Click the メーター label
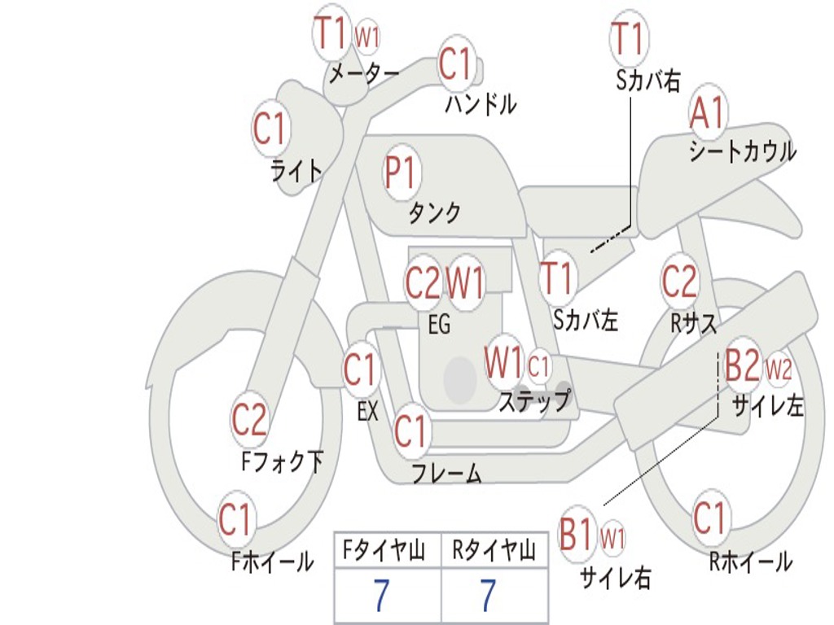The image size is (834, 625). click(x=364, y=74)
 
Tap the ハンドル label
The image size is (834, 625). click(x=481, y=104)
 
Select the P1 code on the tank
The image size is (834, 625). click(x=400, y=172)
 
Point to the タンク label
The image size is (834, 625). click(x=434, y=213)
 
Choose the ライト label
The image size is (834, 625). click(x=296, y=170)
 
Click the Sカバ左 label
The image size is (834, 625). click(x=586, y=320)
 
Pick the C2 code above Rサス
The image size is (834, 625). click(x=679, y=281)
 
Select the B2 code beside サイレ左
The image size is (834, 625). click(x=742, y=366)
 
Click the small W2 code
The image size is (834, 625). click(x=779, y=369)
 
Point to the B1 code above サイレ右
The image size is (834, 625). click(x=577, y=535)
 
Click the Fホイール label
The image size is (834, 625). click(x=272, y=562)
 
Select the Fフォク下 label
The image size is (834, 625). click(x=282, y=462)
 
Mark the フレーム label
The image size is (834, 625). click(x=446, y=473)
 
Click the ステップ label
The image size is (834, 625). click(x=534, y=400)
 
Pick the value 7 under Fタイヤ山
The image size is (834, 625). click(x=381, y=597)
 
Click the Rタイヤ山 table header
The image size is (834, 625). click(x=494, y=552)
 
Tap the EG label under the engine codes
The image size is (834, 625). click(x=439, y=325)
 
